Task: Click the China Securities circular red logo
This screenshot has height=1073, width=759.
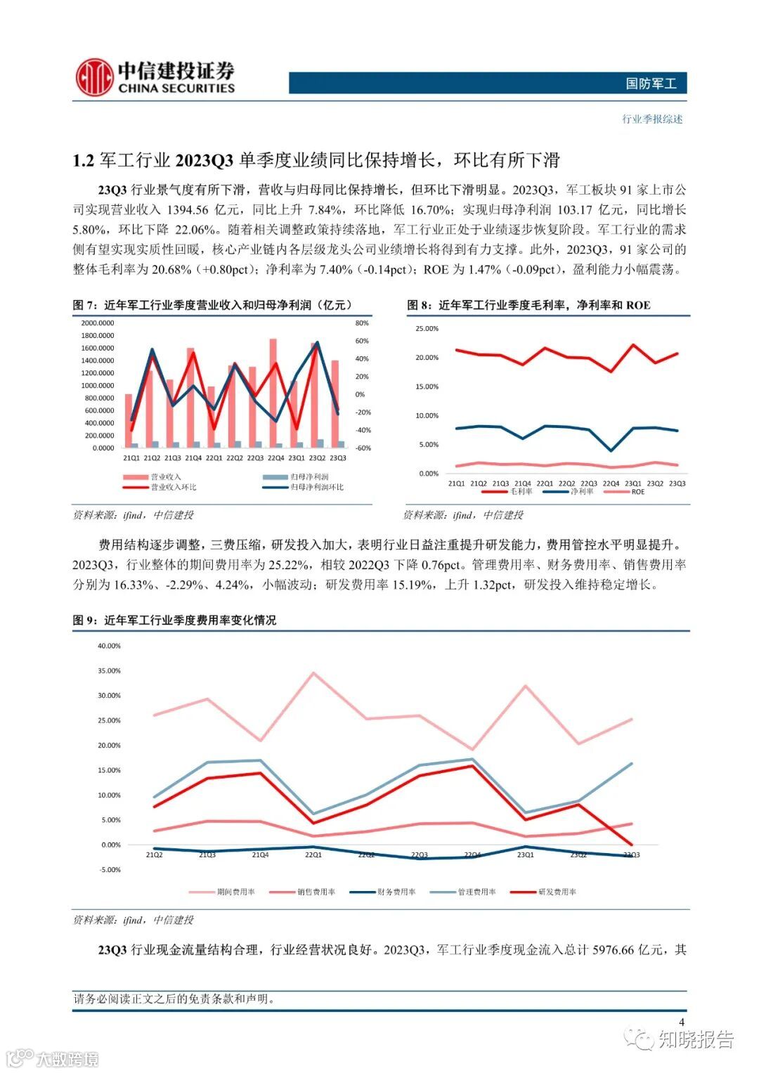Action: tap(94, 77)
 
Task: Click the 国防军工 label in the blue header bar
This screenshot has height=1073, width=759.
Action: tap(651, 84)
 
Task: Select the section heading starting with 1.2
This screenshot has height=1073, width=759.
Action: tap(316, 160)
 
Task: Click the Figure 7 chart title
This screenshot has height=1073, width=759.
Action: tap(213, 305)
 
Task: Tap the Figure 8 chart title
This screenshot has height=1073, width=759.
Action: tap(528, 305)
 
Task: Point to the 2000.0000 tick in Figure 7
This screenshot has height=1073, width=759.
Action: tap(97, 323)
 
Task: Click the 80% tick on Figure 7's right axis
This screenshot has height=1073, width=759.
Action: tap(362, 323)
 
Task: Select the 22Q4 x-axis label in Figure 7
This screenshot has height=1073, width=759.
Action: tap(275, 458)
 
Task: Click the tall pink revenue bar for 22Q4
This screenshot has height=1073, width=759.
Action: tap(273, 394)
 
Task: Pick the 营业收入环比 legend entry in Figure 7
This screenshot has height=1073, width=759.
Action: tap(173, 487)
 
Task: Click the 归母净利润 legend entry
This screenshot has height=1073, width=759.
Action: tap(309, 477)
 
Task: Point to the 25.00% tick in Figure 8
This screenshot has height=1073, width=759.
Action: tap(427, 329)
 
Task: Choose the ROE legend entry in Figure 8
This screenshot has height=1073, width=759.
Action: tap(637, 492)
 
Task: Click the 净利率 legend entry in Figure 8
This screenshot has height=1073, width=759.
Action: tap(580, 492)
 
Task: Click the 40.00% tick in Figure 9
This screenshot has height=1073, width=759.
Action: tap(109, 646)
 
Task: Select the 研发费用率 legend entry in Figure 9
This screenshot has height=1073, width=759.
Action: tap(557, 892)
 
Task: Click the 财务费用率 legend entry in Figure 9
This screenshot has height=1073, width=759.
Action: tap(396, 892)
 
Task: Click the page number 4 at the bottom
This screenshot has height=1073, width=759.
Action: tap(681, 1022)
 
